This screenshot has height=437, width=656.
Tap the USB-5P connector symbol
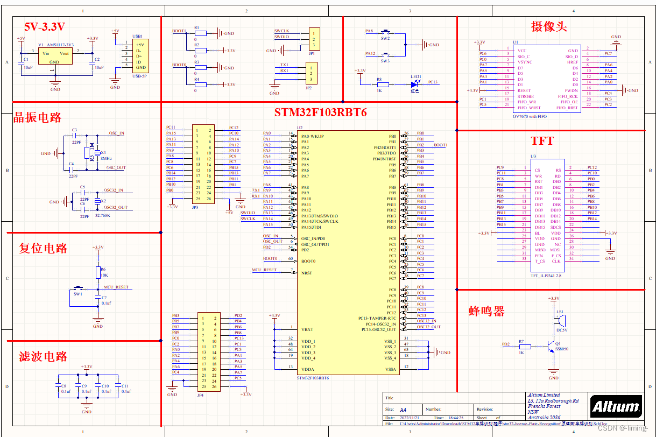coord(140,56)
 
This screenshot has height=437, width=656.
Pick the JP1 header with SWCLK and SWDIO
coord(314,40)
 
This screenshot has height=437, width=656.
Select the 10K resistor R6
coord(98,272)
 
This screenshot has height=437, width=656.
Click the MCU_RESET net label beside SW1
coord(116,287)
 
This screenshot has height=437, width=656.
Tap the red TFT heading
coord(542,142)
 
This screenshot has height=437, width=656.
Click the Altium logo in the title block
coord(616,407)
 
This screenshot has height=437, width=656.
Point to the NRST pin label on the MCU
coord(307,273)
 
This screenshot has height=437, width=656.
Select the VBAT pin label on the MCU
coord(308,329)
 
